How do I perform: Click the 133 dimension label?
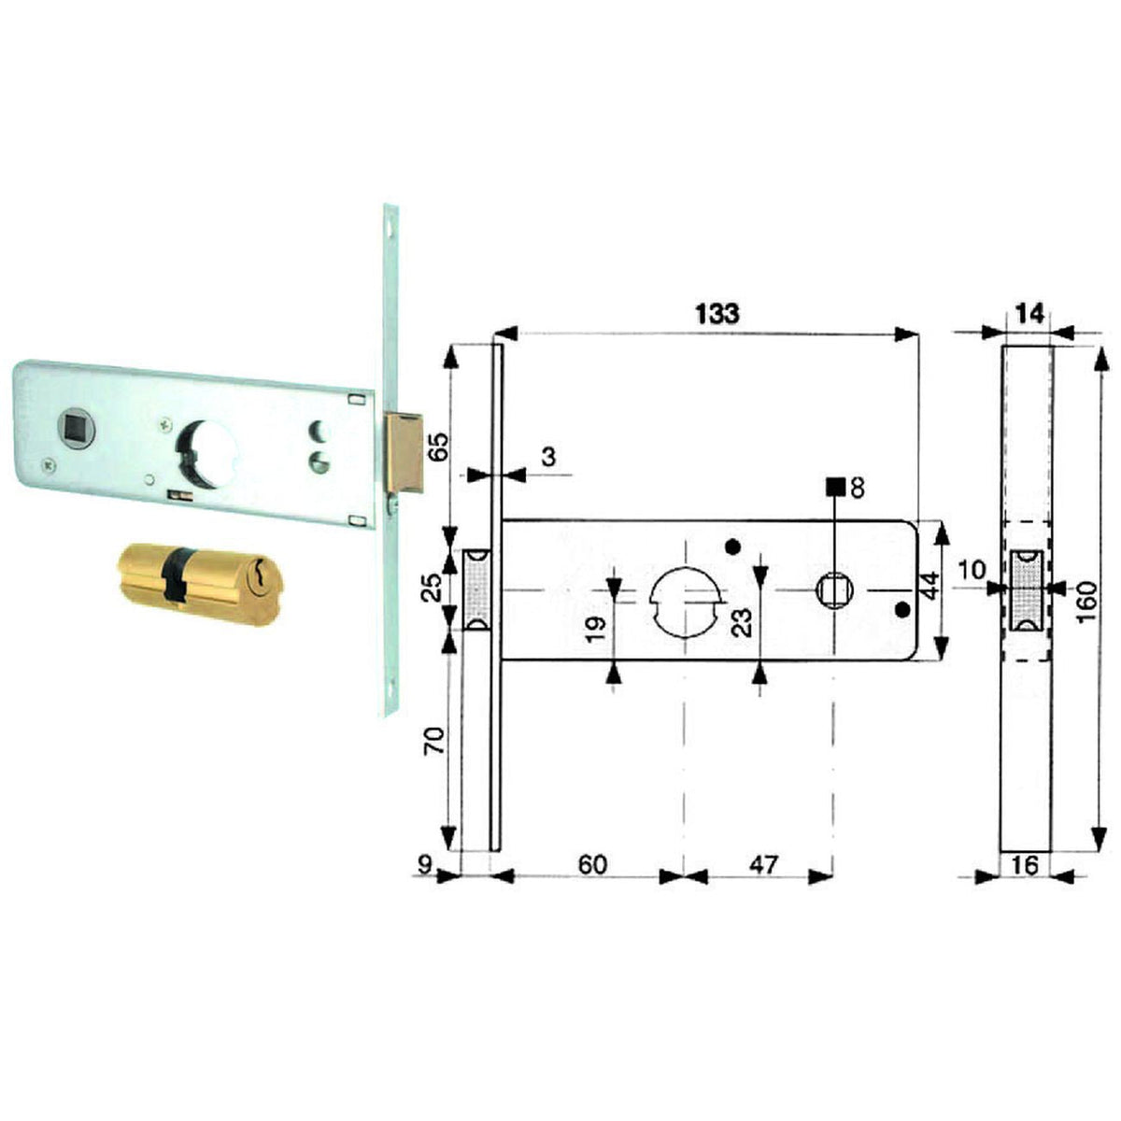717,314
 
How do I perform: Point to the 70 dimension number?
435,740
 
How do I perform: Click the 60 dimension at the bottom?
592,864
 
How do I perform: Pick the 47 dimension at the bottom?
762,864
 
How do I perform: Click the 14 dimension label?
1030,315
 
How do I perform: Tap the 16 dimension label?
1024,866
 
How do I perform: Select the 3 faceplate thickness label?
548,457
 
